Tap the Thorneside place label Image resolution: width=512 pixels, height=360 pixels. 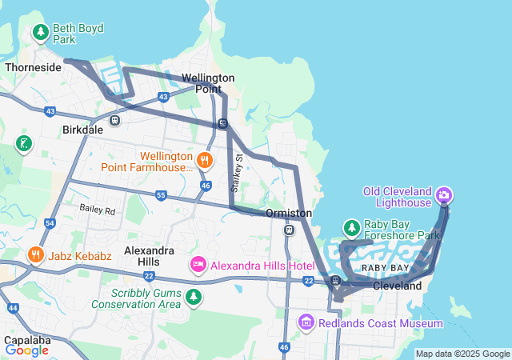pyautogui.click(x=33, y=67)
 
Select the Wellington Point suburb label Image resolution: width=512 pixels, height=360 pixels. pyautogui.click(x=208, y=83)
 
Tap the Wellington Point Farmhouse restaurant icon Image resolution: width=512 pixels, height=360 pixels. pyautogui.click(x=205, y=159)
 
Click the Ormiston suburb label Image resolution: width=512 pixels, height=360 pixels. pyautogui.click(x=288, y=214)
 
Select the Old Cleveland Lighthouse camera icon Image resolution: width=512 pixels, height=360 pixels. pyautogui.click(x=444, y=194)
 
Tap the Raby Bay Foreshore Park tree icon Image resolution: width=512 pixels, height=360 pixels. pyautogui.click(x=351, y=227)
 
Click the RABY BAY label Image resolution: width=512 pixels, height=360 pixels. pyautogui.click(x=386, y=267)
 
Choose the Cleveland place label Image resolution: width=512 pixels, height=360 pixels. pyautogui.click(x=397, y=286)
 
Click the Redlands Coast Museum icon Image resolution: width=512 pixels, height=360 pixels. pyautogui.click(x=305, y=322)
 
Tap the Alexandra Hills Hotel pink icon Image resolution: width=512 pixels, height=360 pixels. pyautogui.click(x=198, y=264)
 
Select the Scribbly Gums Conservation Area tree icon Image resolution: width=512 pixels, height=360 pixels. pyautogui.click(x=193, y=298)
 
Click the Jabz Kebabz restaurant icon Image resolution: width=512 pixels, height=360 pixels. pyautogui.click(x=35, y=255)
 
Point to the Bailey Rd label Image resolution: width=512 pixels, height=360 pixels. pyautogui.click(x=98, y=210)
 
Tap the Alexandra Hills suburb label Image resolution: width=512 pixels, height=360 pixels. pyautogui.click(x=155, y=256)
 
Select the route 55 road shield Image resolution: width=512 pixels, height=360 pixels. pyautogui.click(x=161, y=195)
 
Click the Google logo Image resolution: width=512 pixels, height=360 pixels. pyautogui.click(x=26, y=350)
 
